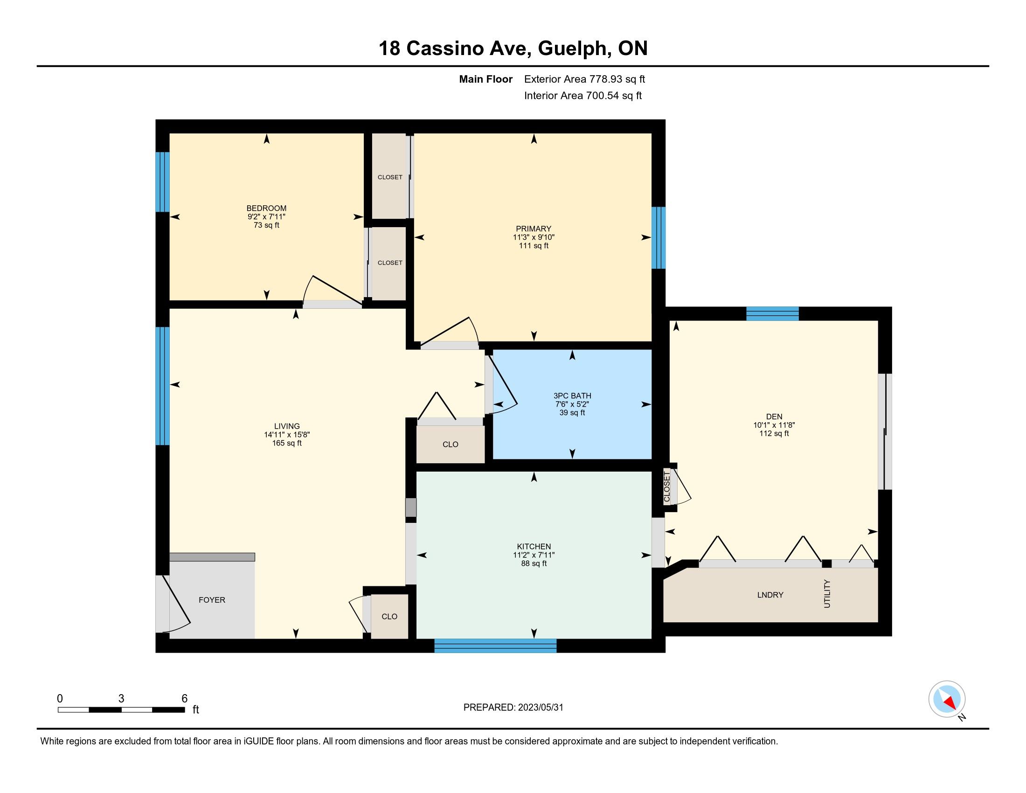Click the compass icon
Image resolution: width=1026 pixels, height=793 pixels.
[947, 699]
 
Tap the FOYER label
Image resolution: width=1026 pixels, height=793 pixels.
[212, 600]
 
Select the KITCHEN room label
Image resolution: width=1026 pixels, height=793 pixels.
[534, 546]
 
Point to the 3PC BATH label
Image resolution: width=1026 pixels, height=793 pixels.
[572, 396]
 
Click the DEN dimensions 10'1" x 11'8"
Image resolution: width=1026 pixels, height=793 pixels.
[774, 424]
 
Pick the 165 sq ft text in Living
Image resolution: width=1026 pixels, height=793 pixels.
[286, 443]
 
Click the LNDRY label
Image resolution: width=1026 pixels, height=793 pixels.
[770, 595]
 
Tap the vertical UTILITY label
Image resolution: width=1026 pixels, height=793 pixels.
[827, 594]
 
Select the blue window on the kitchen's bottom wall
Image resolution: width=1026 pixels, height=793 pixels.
[495, 646]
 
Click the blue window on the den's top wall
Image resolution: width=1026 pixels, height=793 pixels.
[772, 314]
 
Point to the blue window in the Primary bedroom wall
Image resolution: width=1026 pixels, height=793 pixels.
[658, 238]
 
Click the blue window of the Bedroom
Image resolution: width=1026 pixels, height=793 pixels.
[163, 182]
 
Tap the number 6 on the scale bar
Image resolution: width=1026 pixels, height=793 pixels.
[185, 698]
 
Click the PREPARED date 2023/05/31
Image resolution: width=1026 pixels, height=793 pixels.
[540, 708]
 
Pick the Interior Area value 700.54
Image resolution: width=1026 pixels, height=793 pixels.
[601, 96]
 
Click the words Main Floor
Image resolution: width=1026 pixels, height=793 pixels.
[486, 79]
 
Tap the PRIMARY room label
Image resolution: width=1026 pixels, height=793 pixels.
[533, 229]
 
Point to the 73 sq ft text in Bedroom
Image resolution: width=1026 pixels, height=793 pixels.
[266, 225]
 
